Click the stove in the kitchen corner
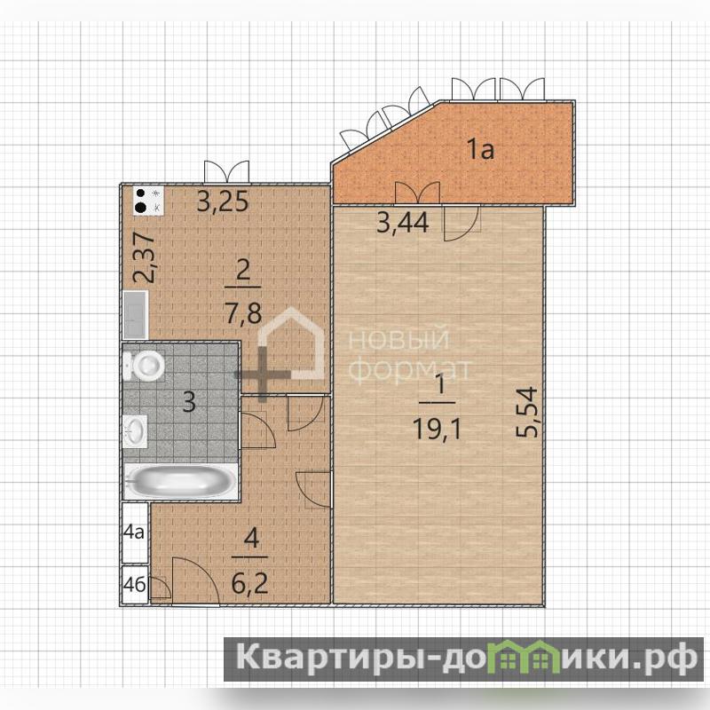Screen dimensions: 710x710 click(148, 201)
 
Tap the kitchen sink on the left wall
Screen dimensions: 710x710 click(136, 315)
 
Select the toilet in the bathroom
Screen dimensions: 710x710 click(144, 366)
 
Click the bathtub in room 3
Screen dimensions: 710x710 click(181, 481)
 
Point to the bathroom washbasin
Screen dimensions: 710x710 click(136, 430)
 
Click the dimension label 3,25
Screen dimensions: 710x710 click(223, 201)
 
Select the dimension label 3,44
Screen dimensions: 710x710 click(403, 223)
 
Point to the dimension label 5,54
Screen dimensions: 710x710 click(527, 412)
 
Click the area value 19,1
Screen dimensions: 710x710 click(437, 429)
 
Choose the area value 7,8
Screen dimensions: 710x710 click(243, 313)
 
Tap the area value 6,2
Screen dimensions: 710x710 click(249, 582)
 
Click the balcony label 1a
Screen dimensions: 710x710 click(480, 149)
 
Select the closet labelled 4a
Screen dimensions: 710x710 click(135, 532)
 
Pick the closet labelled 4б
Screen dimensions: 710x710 click(135, 585)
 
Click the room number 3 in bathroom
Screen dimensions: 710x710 click(189, 401)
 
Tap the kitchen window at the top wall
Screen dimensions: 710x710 click(226, 172)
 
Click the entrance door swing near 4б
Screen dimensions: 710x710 click(195, 580)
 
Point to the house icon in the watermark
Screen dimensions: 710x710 click(291, 345)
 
